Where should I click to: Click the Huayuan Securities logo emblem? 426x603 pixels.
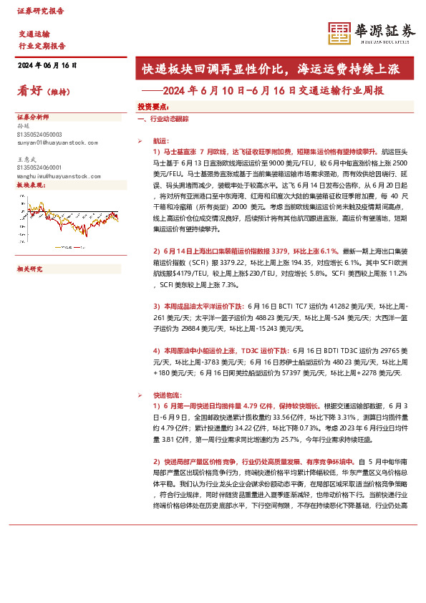pos(339,32)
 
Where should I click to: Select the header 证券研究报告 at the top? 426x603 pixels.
pos(40,11)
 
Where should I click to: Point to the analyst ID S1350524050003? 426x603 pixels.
pos(39,135)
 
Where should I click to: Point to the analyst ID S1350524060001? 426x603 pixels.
pos(39,166)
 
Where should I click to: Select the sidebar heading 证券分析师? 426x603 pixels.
pos(33,116)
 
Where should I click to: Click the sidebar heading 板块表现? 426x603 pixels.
pos(30,184)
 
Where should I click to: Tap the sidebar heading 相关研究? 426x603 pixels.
pos(30,269)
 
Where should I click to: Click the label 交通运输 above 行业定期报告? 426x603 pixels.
pos(34,34)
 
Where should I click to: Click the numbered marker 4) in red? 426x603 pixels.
pos(157,351)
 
